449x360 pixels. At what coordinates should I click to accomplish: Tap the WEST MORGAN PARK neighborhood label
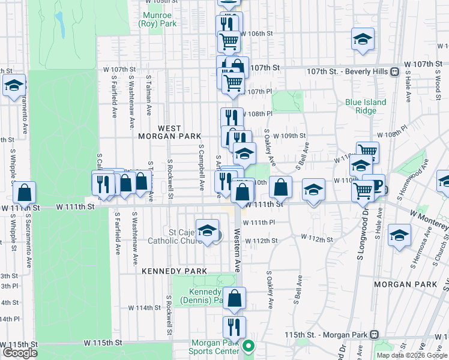pos(170,132)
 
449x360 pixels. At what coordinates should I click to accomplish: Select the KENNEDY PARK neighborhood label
pos(174,271)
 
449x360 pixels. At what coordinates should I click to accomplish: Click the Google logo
pos(19,353)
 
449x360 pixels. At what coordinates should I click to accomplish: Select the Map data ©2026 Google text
pos(412,355)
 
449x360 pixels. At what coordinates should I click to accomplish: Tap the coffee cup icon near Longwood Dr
pos(373,185)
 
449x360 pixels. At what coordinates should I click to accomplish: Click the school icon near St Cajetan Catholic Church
pos(207,230)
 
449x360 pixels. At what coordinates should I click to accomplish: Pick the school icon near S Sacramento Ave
pos(14,86)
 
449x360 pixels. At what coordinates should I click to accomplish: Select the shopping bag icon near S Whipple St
pos(24,193)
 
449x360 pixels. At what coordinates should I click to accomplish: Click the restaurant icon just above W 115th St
pos(234,327)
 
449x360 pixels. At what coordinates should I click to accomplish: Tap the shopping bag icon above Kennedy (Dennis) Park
pos(236,298)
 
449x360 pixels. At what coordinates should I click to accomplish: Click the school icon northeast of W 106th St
pos(363,39)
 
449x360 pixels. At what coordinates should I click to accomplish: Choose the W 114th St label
pos(144,308)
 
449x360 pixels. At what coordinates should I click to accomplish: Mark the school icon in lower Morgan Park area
pos(399,236)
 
